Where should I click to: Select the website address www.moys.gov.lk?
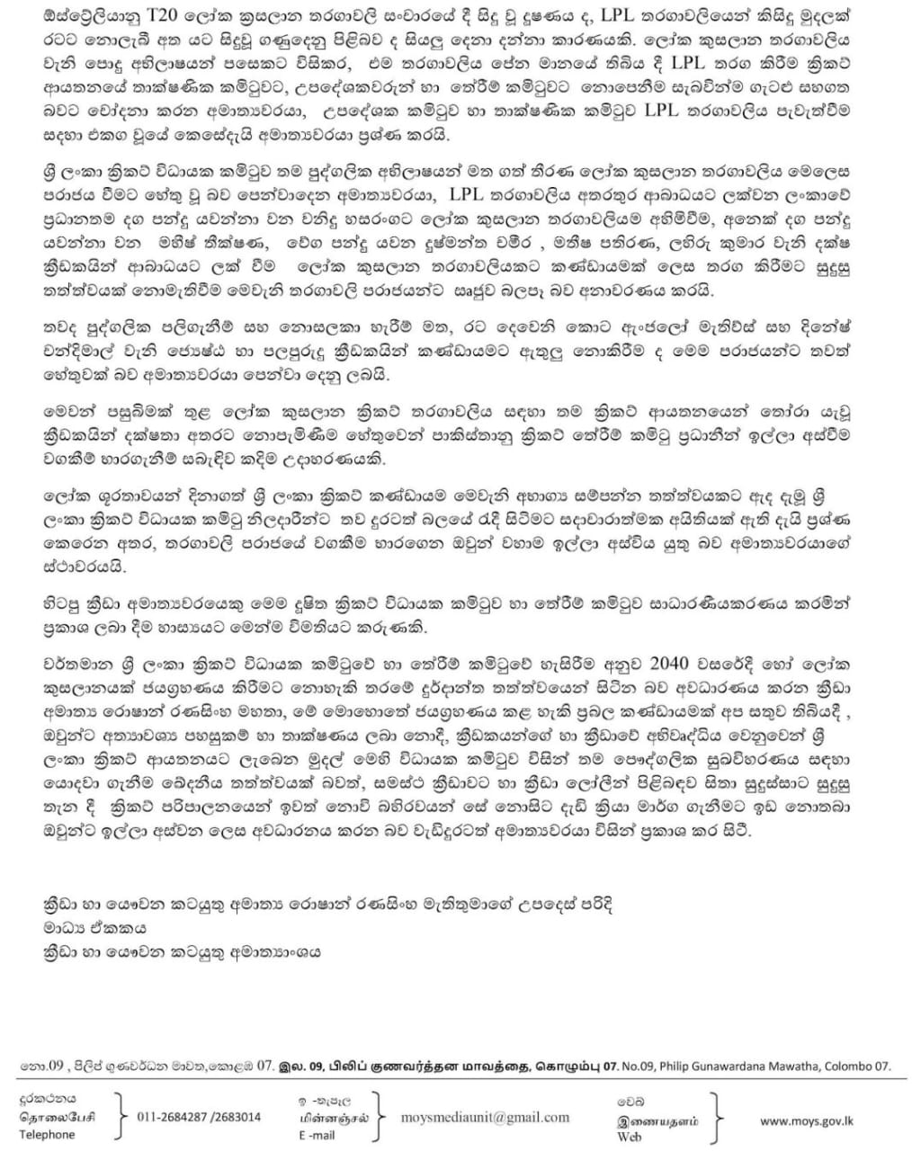(808, 1120)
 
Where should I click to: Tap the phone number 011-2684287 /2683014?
(199, 1117)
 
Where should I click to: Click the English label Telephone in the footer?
(48, 1135)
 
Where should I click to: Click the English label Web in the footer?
(629, 1137)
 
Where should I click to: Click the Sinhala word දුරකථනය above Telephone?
(49, 1098)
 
